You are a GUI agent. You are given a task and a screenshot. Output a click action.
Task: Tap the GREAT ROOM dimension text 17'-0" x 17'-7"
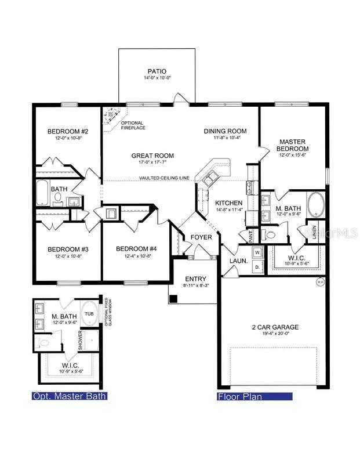[x=152, y=162]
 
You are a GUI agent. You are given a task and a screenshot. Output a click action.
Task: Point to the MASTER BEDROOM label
[x=292, y=146]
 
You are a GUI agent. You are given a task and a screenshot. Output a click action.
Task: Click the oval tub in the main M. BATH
[x=316, y=204]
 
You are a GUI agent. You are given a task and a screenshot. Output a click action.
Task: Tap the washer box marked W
[x=257, y=252]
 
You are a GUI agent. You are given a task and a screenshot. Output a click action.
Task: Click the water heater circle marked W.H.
[x=319, y=282]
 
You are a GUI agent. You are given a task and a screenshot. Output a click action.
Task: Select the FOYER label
[x=201, y=237]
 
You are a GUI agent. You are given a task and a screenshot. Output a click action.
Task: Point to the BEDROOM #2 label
[x=67, y=131]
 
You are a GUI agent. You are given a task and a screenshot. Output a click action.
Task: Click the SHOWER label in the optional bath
[x=79, y=340]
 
